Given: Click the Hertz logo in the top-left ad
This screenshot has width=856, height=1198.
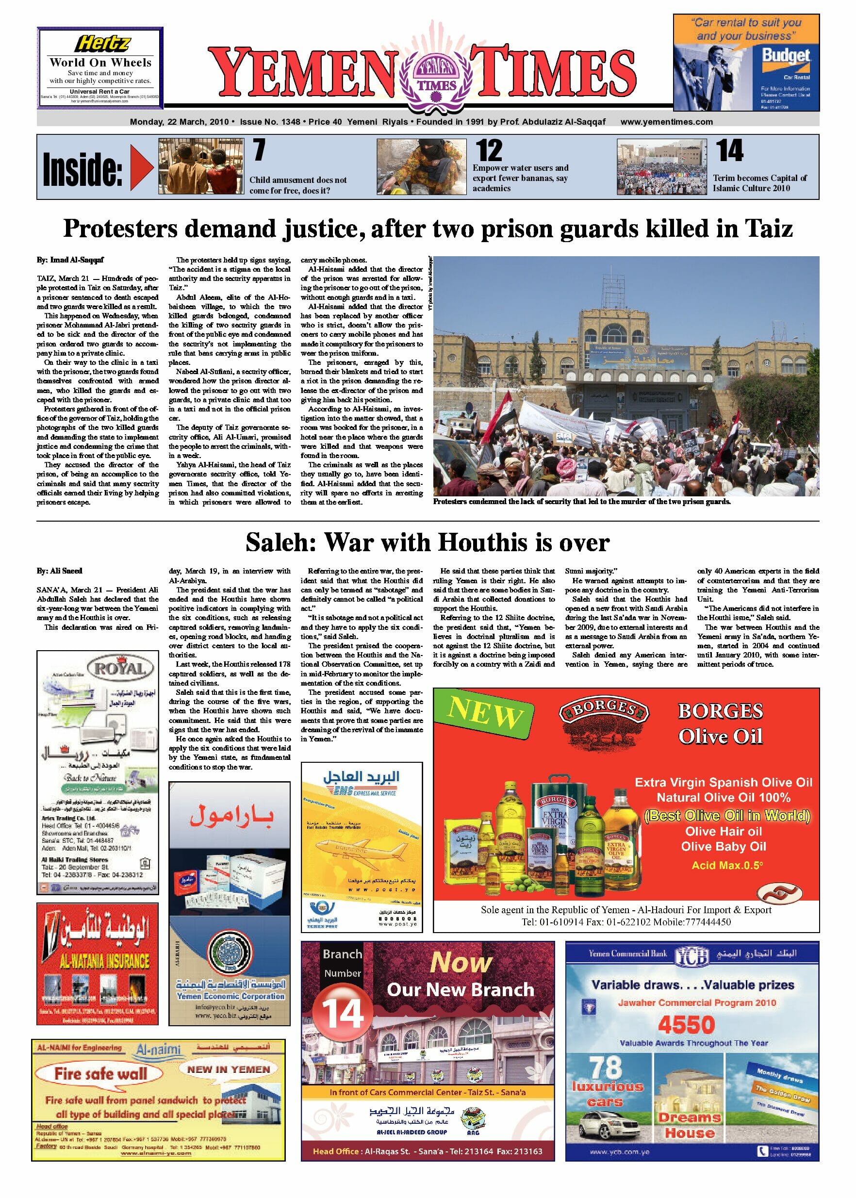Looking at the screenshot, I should click(102, 43).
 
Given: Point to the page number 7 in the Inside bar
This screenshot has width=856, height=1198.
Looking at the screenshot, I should click(259, 150).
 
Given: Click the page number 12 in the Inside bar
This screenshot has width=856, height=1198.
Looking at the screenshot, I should click(489, 151).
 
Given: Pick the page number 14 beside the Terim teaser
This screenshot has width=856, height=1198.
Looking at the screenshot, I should click(729, 151).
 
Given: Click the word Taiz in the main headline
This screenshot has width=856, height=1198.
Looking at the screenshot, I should click(769, 228).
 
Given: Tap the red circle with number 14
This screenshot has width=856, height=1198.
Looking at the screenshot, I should click(343, 1013).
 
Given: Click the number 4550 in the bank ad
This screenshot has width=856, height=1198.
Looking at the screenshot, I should click(686, 1025).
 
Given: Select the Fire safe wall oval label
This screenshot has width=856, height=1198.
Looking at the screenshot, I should click(100, 1073).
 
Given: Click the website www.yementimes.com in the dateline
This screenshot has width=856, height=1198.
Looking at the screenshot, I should click(666, 122).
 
